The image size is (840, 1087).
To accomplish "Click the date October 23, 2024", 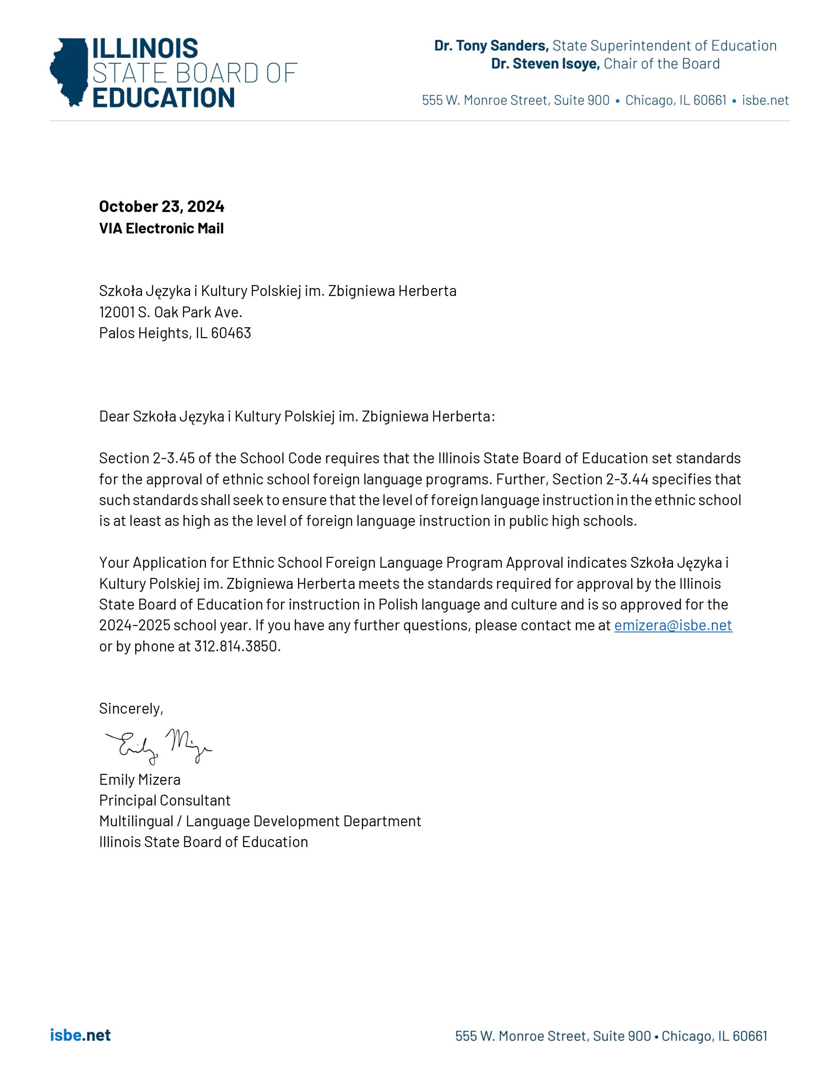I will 161,206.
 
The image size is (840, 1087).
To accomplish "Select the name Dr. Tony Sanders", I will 491,46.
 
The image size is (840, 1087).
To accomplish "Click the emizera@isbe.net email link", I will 673,625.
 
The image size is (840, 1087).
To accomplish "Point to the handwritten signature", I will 158,745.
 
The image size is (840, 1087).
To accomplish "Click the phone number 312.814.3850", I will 236,646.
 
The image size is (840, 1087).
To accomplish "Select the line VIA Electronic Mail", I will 161,228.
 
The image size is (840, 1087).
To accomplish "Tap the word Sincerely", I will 130,708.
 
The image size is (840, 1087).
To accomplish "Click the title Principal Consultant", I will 165,800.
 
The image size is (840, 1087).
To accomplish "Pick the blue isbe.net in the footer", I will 80,1035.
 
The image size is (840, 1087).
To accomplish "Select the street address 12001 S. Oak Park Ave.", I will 170,312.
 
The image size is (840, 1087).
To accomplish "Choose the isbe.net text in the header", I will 765,100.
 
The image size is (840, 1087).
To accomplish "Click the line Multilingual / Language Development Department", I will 260,821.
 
